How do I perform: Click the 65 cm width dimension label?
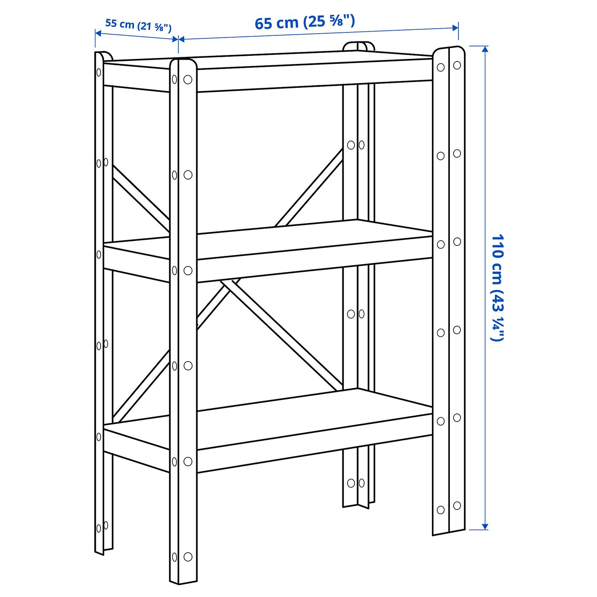[304, 22]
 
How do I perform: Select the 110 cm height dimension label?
[497, 287]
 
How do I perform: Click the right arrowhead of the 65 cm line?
[455, 28]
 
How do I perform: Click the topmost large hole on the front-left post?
[188, 80]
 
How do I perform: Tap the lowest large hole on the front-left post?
[188, 556]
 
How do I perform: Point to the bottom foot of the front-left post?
[183, 580]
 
